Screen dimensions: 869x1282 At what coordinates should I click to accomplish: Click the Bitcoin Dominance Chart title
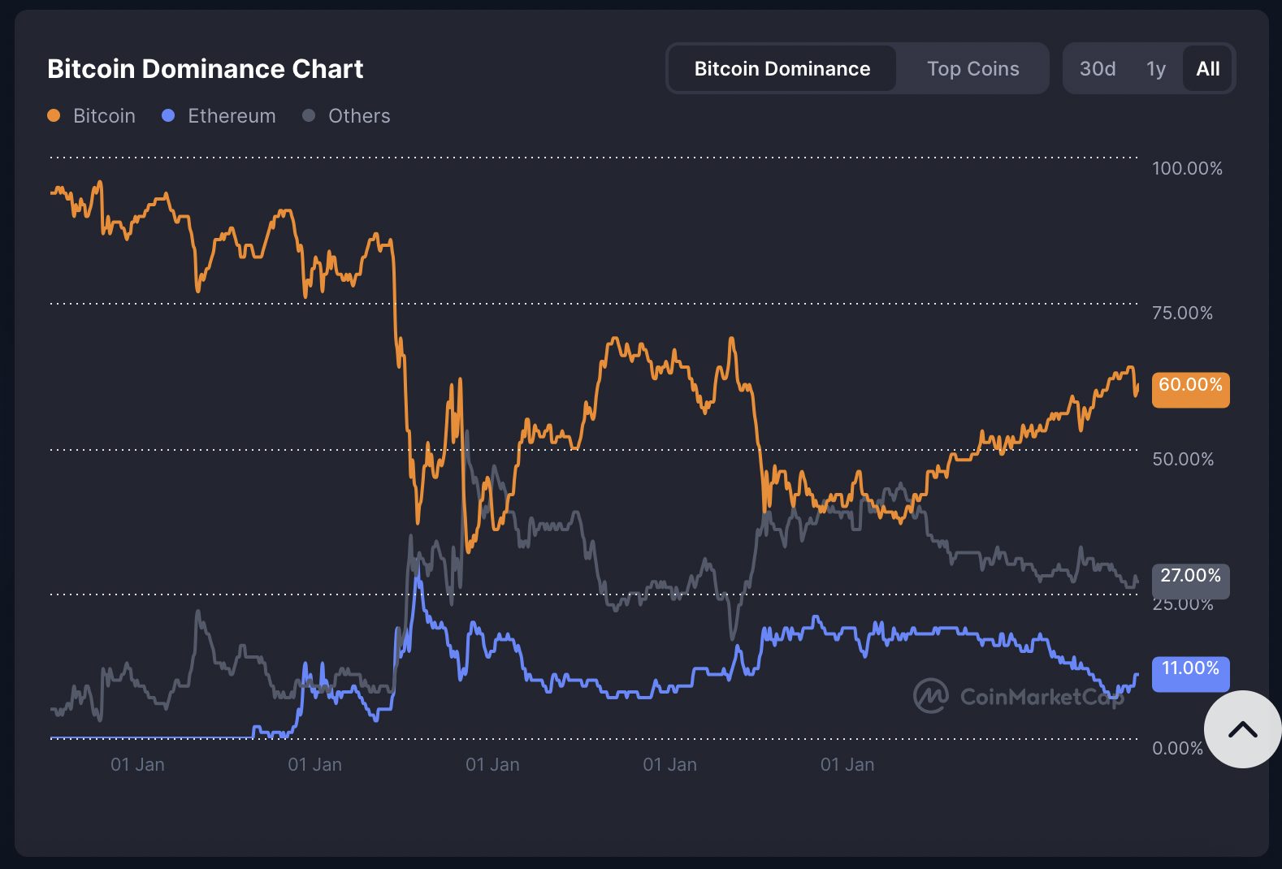point(205,69)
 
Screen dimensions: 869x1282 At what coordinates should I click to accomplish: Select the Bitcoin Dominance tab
point(782,69)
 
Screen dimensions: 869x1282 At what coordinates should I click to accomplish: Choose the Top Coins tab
point(972,69)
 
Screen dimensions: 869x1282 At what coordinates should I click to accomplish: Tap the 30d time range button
point(1097,69)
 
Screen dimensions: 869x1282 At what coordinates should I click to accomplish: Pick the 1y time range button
point(1155,69)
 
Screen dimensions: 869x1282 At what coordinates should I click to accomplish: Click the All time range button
point(1207,69)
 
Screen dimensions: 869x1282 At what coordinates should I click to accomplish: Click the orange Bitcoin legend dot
point(54,115)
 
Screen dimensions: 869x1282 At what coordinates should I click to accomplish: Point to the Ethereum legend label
point(232,116)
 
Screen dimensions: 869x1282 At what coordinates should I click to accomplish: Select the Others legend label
point(359,116)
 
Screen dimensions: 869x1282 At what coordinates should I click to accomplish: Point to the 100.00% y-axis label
point(1186,168)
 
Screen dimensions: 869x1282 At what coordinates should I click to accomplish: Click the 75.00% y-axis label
point(1182,313)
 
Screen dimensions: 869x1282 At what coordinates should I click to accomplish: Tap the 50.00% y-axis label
point(1182,459)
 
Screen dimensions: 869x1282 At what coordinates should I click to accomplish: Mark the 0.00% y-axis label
point(1176,748)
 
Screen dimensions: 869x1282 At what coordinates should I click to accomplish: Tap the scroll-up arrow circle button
point(1242,729)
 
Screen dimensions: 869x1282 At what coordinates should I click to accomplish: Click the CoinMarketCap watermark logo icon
point(930,696)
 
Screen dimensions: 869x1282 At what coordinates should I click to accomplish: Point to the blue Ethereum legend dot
point(168,115)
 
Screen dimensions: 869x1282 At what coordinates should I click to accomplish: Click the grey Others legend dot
point(309,115)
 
